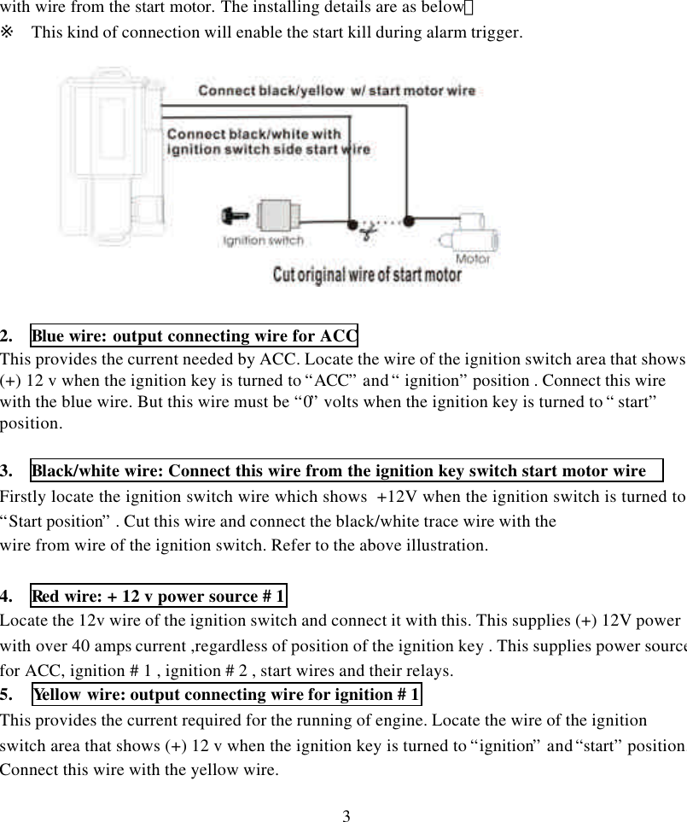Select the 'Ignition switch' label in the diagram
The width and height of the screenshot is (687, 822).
pyautogui.click(x=262, y=242)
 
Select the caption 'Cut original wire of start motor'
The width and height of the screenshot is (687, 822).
pyautogui.click(x=367, y=276)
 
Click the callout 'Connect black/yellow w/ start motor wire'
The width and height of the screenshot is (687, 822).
pyautogui.click(x=337, y=90)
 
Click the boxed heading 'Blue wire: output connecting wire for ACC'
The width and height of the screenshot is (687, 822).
pyautogui.click(x=195, y=335)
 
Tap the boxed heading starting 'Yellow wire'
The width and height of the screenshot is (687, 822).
pyautogui.click(x=226, y=695)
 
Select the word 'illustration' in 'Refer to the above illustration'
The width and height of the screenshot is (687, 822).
pyautogui.click(x=445, y=545)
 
